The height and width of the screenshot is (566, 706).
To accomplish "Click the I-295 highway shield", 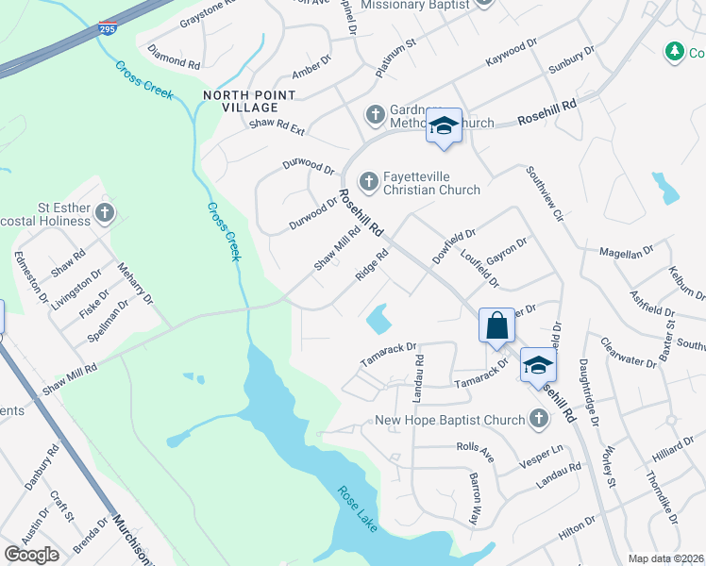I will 109,27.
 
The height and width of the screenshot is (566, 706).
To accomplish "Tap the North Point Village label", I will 248,101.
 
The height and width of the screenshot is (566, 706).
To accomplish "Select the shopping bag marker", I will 496,327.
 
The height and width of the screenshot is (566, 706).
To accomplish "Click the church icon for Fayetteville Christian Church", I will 369,179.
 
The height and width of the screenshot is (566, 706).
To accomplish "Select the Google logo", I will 32,555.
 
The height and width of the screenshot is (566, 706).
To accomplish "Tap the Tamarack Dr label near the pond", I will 389,355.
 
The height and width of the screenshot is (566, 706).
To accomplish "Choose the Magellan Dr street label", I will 627,252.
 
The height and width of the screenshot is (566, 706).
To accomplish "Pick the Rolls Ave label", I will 476,448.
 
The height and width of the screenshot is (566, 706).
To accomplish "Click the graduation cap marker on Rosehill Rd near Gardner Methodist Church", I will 443,126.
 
